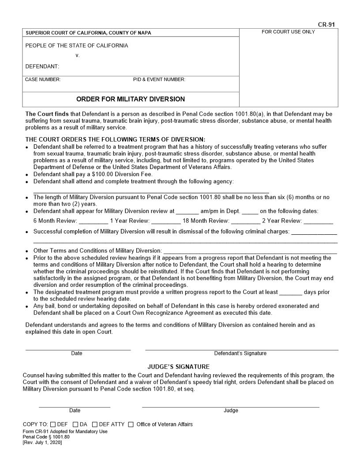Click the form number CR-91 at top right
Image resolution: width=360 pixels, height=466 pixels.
point(328,25)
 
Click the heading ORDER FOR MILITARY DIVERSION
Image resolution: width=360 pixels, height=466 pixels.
point(131,99)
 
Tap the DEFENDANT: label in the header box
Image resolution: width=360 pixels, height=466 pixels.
point(42,67)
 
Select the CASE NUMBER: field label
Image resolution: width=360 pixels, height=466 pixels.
point(43,79)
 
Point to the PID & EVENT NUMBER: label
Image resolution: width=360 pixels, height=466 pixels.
point(159,79)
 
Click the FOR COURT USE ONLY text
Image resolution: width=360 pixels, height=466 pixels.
point(288,32)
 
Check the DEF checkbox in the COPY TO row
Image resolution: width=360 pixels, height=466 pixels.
point(53,425)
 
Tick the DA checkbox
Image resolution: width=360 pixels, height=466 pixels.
point(75,425)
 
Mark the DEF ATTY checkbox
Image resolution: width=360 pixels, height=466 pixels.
point(95,425)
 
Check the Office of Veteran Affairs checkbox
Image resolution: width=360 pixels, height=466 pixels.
point(131,425)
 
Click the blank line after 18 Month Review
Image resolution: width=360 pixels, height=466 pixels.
point(245,223)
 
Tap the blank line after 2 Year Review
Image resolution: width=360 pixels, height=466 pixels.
point(318,223)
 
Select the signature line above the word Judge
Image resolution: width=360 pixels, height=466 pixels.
point(230,406)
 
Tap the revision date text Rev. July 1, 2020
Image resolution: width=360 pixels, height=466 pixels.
point(42,443)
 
